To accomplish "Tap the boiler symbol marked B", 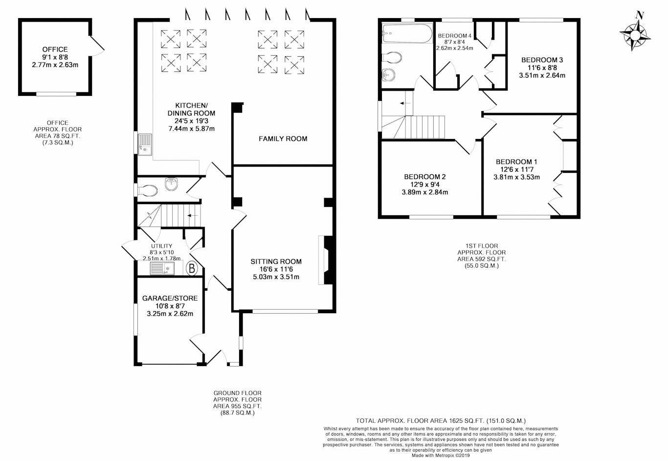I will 192,268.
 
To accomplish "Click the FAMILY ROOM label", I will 283,138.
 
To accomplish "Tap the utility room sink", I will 162,268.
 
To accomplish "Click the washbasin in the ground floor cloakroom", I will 172,184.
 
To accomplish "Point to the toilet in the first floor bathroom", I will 392,58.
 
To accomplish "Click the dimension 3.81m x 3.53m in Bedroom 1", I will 516,177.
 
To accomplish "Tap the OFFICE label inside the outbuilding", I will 55,49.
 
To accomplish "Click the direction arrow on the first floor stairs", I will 404,103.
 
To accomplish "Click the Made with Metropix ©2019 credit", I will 440,455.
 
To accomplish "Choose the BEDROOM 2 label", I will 424,177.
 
